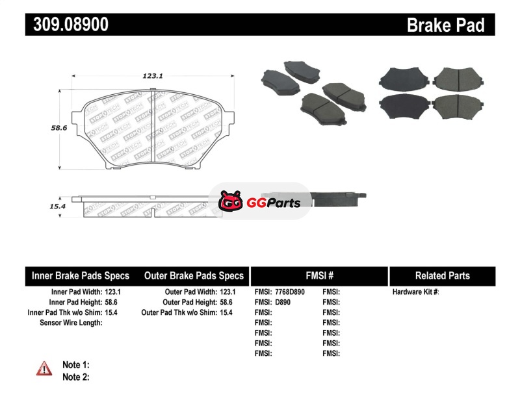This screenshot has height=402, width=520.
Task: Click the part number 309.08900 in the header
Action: tap(71, 24)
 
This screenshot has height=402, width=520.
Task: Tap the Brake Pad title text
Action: tap(446, 25)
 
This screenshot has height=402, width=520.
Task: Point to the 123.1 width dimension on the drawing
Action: tap(153, 76)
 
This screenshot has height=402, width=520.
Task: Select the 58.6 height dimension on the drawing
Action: tap(59, 127)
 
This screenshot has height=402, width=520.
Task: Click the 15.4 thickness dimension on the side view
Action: tap(58, 206)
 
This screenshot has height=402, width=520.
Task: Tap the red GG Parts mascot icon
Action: tap(231, 201)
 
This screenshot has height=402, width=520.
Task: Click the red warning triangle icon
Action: tap(44, 368)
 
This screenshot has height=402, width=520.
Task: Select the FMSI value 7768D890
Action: tap(290, 292)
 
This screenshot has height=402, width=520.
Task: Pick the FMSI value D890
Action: tap(283, 302)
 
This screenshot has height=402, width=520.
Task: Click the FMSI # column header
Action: tap(319, 276)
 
